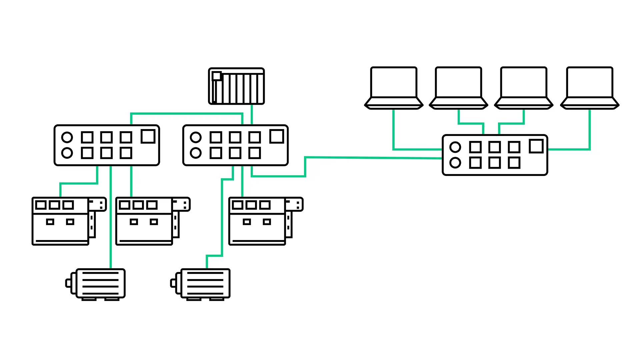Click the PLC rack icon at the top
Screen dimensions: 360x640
pos(236,86)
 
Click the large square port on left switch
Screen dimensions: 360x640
pos(148,136)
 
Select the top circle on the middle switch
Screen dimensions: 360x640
pos(196,137)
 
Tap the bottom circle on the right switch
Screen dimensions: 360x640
pos(455,163)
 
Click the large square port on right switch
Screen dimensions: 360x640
pos(536,146)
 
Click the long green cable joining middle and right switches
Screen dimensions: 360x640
pos(373,158)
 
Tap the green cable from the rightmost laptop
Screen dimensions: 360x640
pos(589,133)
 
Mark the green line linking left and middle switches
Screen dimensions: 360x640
pos(187,114)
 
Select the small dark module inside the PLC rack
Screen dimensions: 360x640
pos(217,76)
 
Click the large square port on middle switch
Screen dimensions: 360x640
pos(277,136)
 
